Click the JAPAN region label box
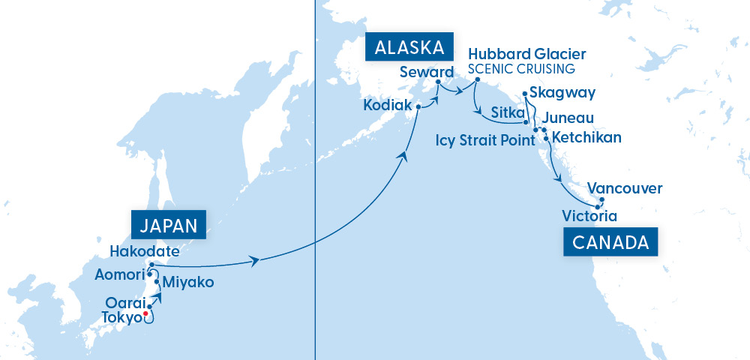click(168, 225)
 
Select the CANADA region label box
click(610, 242)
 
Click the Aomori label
click(118, 274)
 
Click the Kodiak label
click(387, 106)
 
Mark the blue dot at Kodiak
click(418, 106)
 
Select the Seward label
click(427, 72)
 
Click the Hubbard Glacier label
click(526, 55)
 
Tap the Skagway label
click(562, 93)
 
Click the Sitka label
click(506, 112)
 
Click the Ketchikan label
click(586, 138)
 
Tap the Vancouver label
click(625, 188)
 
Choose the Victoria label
click(589, 217)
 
